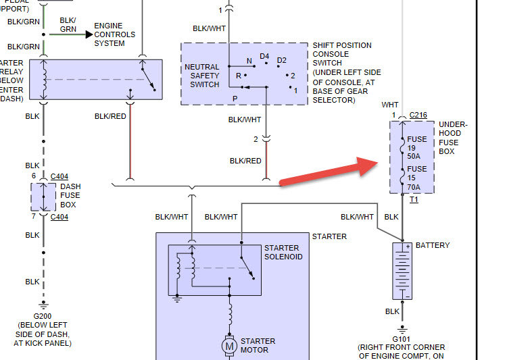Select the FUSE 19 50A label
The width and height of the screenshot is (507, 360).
click(x=417, y=147)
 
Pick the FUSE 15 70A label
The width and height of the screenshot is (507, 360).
click(x=417, y=177)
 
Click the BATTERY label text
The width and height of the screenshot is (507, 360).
click(x=433, y=245)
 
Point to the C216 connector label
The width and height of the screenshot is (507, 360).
click(x=418, y=115)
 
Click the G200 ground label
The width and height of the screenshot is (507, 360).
click(x=45, y=315)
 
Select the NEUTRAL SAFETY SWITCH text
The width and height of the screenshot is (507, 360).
click(x=202, y=76)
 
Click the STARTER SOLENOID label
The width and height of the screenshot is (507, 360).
click(x=283, y=252)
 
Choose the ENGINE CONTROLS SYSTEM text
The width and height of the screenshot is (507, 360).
click(x=114, y=34)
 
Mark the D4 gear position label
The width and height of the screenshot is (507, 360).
click(x=264, y=57)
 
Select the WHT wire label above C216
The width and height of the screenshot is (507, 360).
click(x=390, y=105)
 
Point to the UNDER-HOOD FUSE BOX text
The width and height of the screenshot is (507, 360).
click(x=453, y=138)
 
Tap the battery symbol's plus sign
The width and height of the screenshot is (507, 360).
click(x=408, y=247)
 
